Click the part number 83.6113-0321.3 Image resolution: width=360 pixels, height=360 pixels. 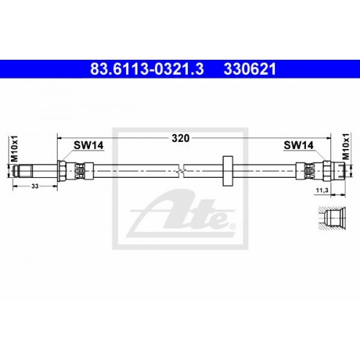coord(147,69)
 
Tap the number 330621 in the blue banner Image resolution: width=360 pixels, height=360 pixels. coord(250,69)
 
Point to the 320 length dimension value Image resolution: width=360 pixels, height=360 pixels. coord(181,138)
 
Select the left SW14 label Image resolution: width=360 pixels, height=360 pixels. coord(89,145)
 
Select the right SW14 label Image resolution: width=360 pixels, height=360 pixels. coord(299,145)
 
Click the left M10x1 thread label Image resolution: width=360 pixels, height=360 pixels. coord(14,148)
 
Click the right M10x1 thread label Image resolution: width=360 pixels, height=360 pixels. coord(346,147)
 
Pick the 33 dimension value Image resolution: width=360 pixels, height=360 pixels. coord(35,186)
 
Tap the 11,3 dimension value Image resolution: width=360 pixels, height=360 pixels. coord(322,191)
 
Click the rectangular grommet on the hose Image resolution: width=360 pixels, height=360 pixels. coord(228,171)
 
